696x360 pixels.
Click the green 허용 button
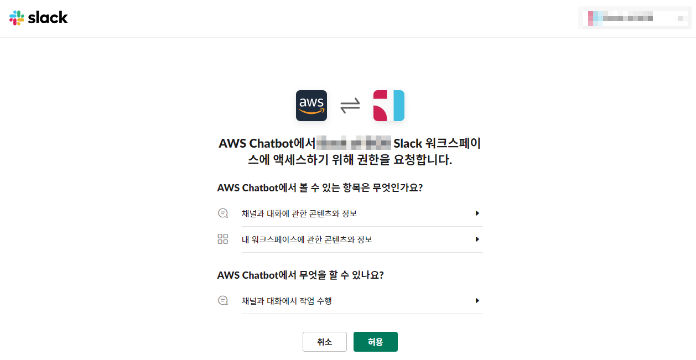pos(375,342)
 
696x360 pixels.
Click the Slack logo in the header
pos(39,18)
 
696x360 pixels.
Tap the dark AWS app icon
pos(311,106)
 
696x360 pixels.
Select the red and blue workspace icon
pos(388,106)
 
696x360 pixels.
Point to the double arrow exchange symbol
pos(350,105)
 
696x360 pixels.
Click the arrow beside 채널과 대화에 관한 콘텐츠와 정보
pos(477,213)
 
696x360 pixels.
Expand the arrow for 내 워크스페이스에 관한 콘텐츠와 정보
pos(477,239)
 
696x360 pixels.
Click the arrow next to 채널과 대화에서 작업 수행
pos(477,301)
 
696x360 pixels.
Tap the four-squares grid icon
pos(223,239)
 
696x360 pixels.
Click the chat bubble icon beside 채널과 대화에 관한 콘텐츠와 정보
pos(223,213)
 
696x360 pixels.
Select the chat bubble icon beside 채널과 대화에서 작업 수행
pos(223,301)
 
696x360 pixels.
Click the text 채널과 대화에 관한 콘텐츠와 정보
pos(303,213)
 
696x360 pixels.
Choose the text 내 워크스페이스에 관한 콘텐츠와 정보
pos(307,239)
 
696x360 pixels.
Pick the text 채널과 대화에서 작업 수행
pos(287,301)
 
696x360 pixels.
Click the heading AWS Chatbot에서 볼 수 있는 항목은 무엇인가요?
pos(320,187)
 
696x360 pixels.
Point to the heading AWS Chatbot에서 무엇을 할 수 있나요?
pos(300,275)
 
